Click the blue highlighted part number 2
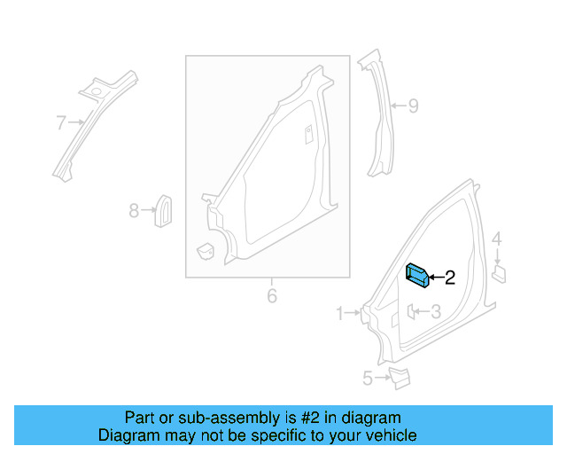tap(417, 276)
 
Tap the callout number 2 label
tap(449, 278)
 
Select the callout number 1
tap(340, 312)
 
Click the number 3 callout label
tap(435, 311)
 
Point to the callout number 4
tap(497, 239)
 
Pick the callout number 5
tap(367, 379)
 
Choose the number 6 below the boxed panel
tap(272, 295)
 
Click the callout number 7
tap(60, 121)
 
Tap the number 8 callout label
tap(134, 211)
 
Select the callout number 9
tap(412, 106)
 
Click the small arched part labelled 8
tap(164, 208)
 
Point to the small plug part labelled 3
tap(412, 311)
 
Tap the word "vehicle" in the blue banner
tap(388, 435)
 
